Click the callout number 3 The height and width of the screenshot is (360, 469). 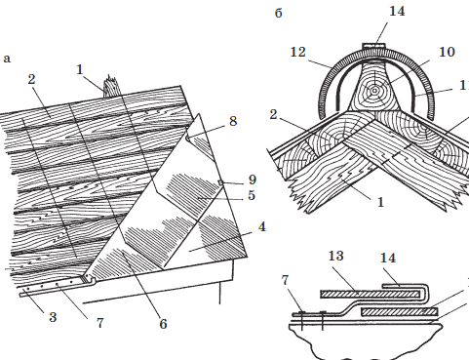(x=53, y=317)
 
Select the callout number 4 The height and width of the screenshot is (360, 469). (x=262, y=226)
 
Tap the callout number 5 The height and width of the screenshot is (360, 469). (x=252, y=195)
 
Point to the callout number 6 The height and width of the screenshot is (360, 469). (x=163, y=324)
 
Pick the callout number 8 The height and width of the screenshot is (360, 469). (x=233, y=121)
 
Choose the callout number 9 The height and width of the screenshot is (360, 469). (x=253, y=180)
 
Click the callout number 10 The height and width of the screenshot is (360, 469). (x=447, y=52)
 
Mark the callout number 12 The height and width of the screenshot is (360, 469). (x=298, y=52)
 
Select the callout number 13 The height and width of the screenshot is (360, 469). (x=335, y=256)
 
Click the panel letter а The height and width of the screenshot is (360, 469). (x=7, y=59)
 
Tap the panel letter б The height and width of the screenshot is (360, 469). (x=279, y=13)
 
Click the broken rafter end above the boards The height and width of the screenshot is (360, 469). (x=111, y=86)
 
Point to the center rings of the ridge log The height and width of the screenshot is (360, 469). (x=374, y=91)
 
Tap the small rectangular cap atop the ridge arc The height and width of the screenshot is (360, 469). (x=374, y=46)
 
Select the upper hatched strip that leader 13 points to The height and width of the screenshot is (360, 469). (x=370, y=295)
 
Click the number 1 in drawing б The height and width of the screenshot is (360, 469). (x=380, y=202)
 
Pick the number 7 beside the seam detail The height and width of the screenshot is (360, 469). (x=285, y=280)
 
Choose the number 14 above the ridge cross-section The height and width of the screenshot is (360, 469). (x=397, y=11)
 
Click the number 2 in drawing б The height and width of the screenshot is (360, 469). (x=274, y=114)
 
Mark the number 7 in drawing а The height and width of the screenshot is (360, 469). (x=99, y=323)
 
